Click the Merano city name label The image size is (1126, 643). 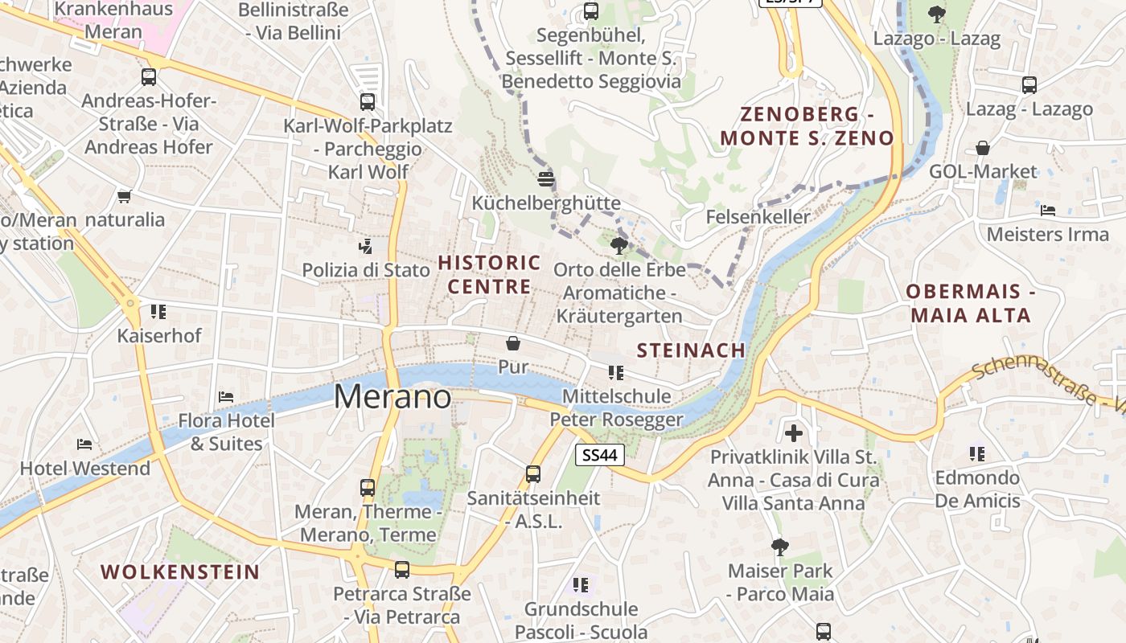tap(392, 396)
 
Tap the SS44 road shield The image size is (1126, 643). tap(601, 455)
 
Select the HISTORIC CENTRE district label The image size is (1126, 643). tap(489, 274)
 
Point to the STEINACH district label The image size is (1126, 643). tap(692, 350)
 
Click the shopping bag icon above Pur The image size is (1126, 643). tap(513, 344)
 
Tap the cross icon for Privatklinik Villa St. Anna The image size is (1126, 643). tap(794, 433)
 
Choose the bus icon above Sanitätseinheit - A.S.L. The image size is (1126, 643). tap(533, 473)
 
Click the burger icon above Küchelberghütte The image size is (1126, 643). tap(546, 178)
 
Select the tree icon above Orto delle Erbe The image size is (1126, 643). tap(618, 245)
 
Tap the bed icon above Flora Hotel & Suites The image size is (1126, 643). tap(226, 397)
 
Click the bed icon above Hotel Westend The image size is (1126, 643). tap(84, 444)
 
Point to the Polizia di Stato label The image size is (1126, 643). tap(366, 270)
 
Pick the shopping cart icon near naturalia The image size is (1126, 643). tap(124, 196)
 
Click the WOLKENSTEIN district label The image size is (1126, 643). tap(180, 572)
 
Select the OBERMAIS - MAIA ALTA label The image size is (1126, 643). tap(971, 303)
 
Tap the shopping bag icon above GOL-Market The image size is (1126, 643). tap(983, 148)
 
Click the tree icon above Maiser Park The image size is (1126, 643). tap(779, 547)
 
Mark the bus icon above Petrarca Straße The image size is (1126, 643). tap(401, 570)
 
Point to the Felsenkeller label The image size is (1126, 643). tap(758, 217)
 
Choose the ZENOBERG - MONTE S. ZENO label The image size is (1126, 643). tap(807, 125)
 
